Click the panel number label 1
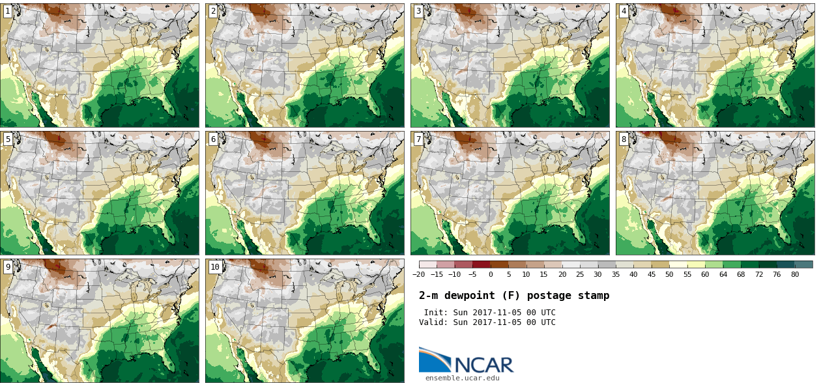pos(8,11)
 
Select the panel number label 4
pos(624,11)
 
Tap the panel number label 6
pos(213,139)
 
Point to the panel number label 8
pos(624,139)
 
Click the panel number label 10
pos(215,266)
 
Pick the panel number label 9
pos(8,266)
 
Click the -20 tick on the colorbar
pos(419,274)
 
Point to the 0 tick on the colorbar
pos(491,274)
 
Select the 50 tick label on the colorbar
pos(669,274)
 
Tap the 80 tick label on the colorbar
pos(795,274)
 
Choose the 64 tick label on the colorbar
pos(723,274)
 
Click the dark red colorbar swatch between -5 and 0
pos(482,264)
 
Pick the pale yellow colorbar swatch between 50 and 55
pos(678,264)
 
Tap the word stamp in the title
pos(594,296)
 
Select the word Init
pos(435,313)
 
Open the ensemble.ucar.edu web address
pos(463,378)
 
